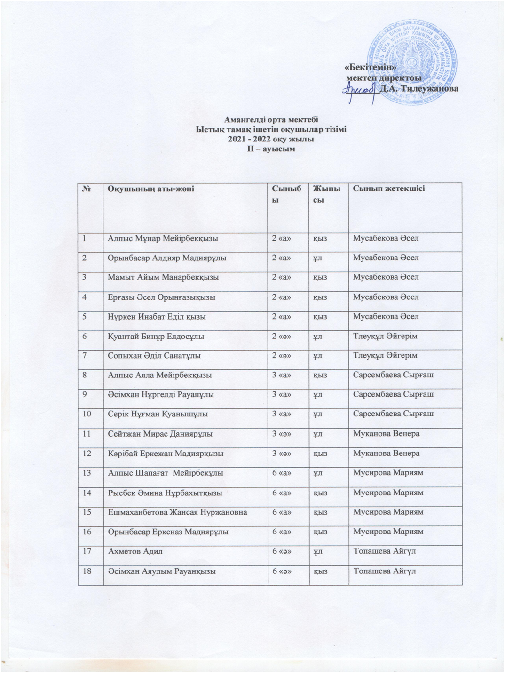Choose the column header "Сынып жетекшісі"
pyautogui.click(x=389, y=189)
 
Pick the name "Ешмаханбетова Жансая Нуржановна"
pyautogui.click(x=178, y=512)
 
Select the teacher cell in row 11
pyautogui.click(x=386, y=434)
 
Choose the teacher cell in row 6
pyautogui.click(x=385, y=336)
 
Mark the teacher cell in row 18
pyautogui.click(x=384, y=571)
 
